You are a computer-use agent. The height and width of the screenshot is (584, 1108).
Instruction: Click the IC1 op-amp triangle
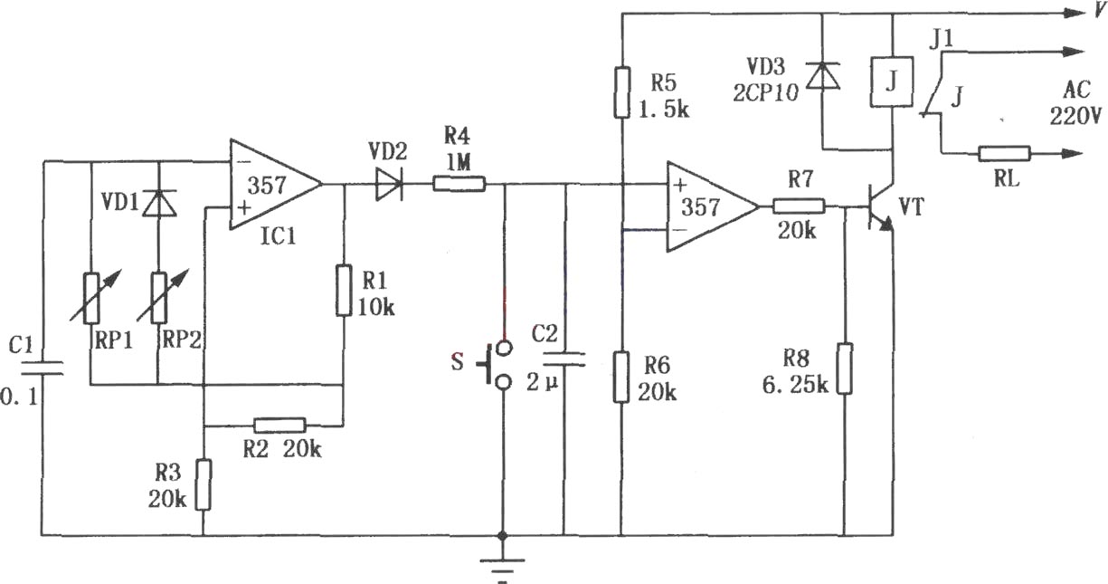(275, 185)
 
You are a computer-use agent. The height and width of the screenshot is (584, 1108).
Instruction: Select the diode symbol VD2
(389, 185)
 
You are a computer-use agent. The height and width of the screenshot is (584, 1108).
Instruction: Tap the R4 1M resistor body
(459, 184)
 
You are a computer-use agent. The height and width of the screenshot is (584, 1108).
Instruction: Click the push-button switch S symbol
(495, 364)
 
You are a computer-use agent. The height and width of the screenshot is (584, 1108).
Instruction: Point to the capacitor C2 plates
(563, 359)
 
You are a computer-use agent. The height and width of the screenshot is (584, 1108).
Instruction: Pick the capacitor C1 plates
(42, 368)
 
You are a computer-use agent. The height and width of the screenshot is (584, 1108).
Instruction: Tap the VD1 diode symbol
(159, 203)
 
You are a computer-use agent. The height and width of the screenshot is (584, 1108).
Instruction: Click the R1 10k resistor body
(345, 291)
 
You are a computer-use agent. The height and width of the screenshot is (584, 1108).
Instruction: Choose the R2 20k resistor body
(279, 425)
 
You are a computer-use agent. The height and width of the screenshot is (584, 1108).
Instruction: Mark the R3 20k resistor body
(204, 484)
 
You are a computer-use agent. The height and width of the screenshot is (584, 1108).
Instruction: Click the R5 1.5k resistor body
(622, 92)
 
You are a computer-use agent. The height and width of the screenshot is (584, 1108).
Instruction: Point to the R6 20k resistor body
(621, 377)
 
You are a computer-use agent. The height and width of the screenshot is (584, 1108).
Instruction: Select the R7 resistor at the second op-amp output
(799, 206)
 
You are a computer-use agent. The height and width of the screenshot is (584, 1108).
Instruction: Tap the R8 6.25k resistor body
(845, 368)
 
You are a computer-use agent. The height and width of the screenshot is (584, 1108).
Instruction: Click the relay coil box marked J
(892, 81)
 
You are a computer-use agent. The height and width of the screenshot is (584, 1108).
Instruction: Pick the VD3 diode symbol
(822, 76)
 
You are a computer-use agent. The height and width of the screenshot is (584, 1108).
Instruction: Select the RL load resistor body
(1005, 154)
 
